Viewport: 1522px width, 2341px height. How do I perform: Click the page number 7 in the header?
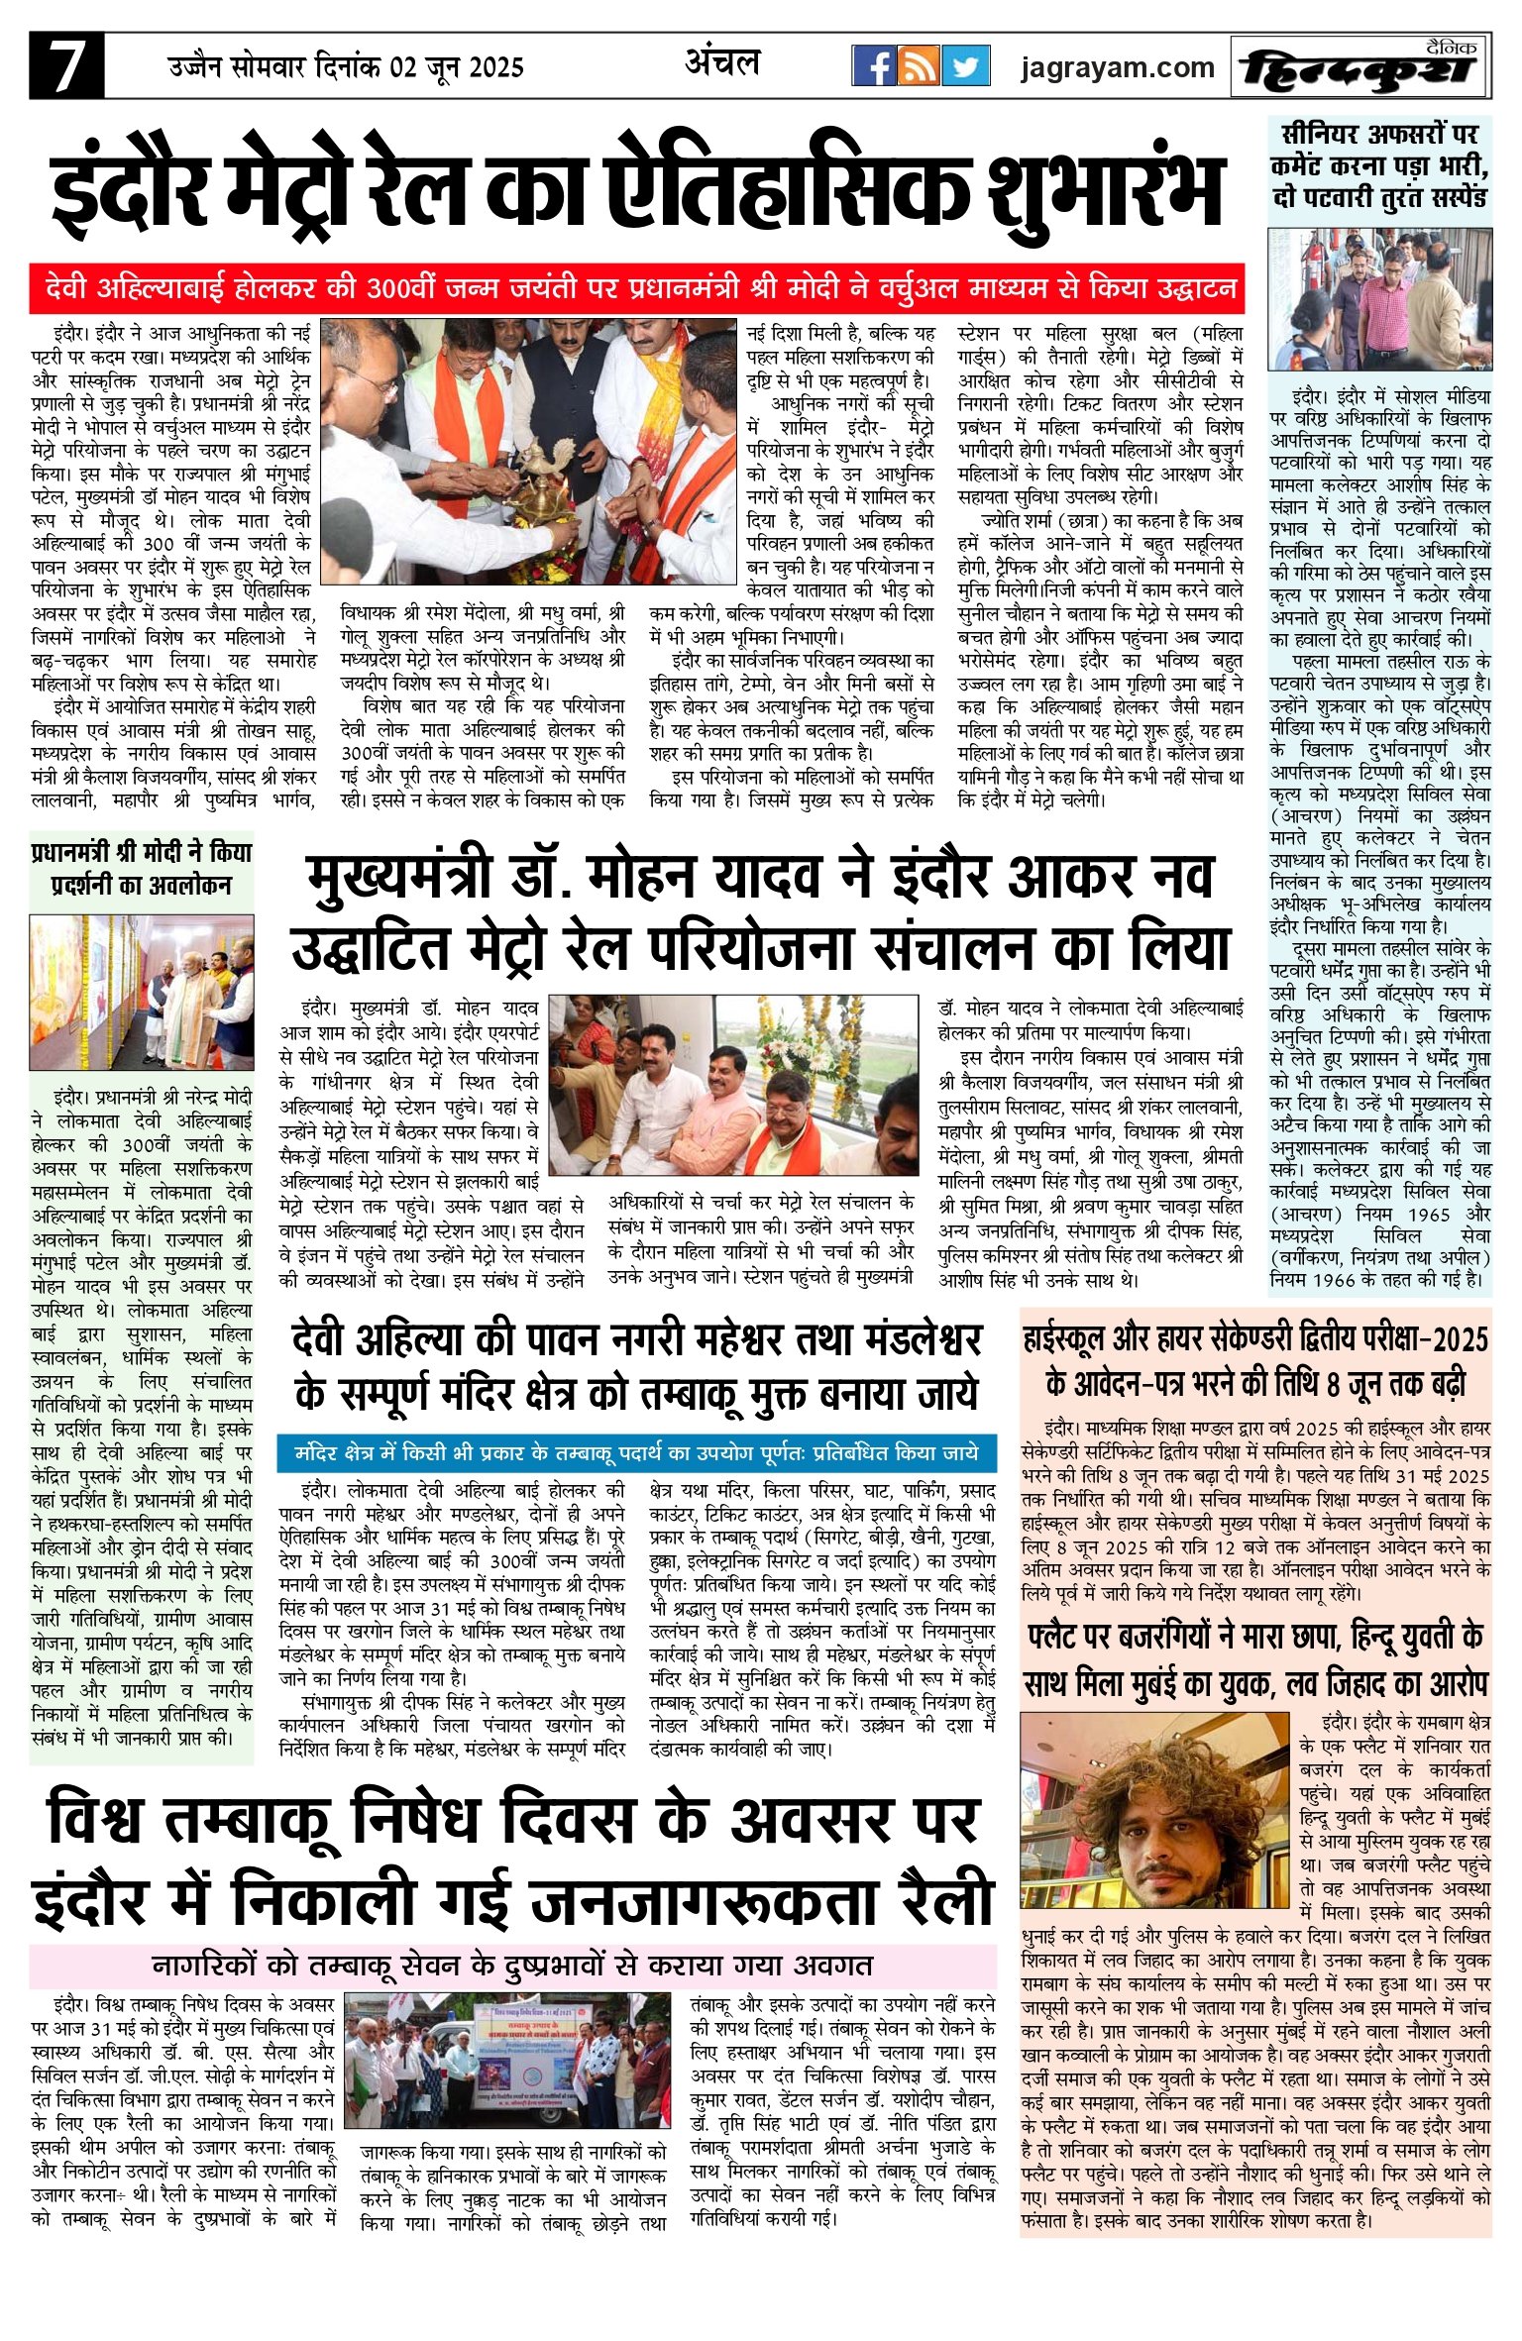[66, 66]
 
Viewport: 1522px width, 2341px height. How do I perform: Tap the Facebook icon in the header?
[874, 65]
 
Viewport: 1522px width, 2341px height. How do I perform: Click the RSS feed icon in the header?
[920, 65]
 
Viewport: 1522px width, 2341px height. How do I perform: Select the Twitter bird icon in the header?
[966, 65]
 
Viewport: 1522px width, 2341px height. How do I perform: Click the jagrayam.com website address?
[1117, 67]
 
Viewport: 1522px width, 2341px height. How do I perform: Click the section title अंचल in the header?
[722, 63]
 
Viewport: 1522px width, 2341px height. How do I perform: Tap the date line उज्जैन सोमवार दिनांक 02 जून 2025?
[345, 67]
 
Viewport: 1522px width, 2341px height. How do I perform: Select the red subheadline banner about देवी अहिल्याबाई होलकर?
[636, 288]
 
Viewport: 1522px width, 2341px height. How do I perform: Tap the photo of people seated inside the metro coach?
[733, 1085]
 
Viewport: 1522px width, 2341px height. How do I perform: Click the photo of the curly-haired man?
[1155, 1810]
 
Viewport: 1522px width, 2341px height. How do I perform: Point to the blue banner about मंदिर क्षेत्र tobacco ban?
[636, 1452]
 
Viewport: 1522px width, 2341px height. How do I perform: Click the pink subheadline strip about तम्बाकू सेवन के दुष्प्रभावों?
[512, 1964]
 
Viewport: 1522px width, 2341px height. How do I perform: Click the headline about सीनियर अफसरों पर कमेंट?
[1379, 164]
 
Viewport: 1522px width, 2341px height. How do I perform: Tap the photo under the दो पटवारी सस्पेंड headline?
[1379, 299]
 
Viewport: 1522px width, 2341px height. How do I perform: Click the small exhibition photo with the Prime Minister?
[141, 993]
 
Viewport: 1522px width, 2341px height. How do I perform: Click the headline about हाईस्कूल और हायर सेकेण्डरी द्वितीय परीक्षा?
[1255, 1359]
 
